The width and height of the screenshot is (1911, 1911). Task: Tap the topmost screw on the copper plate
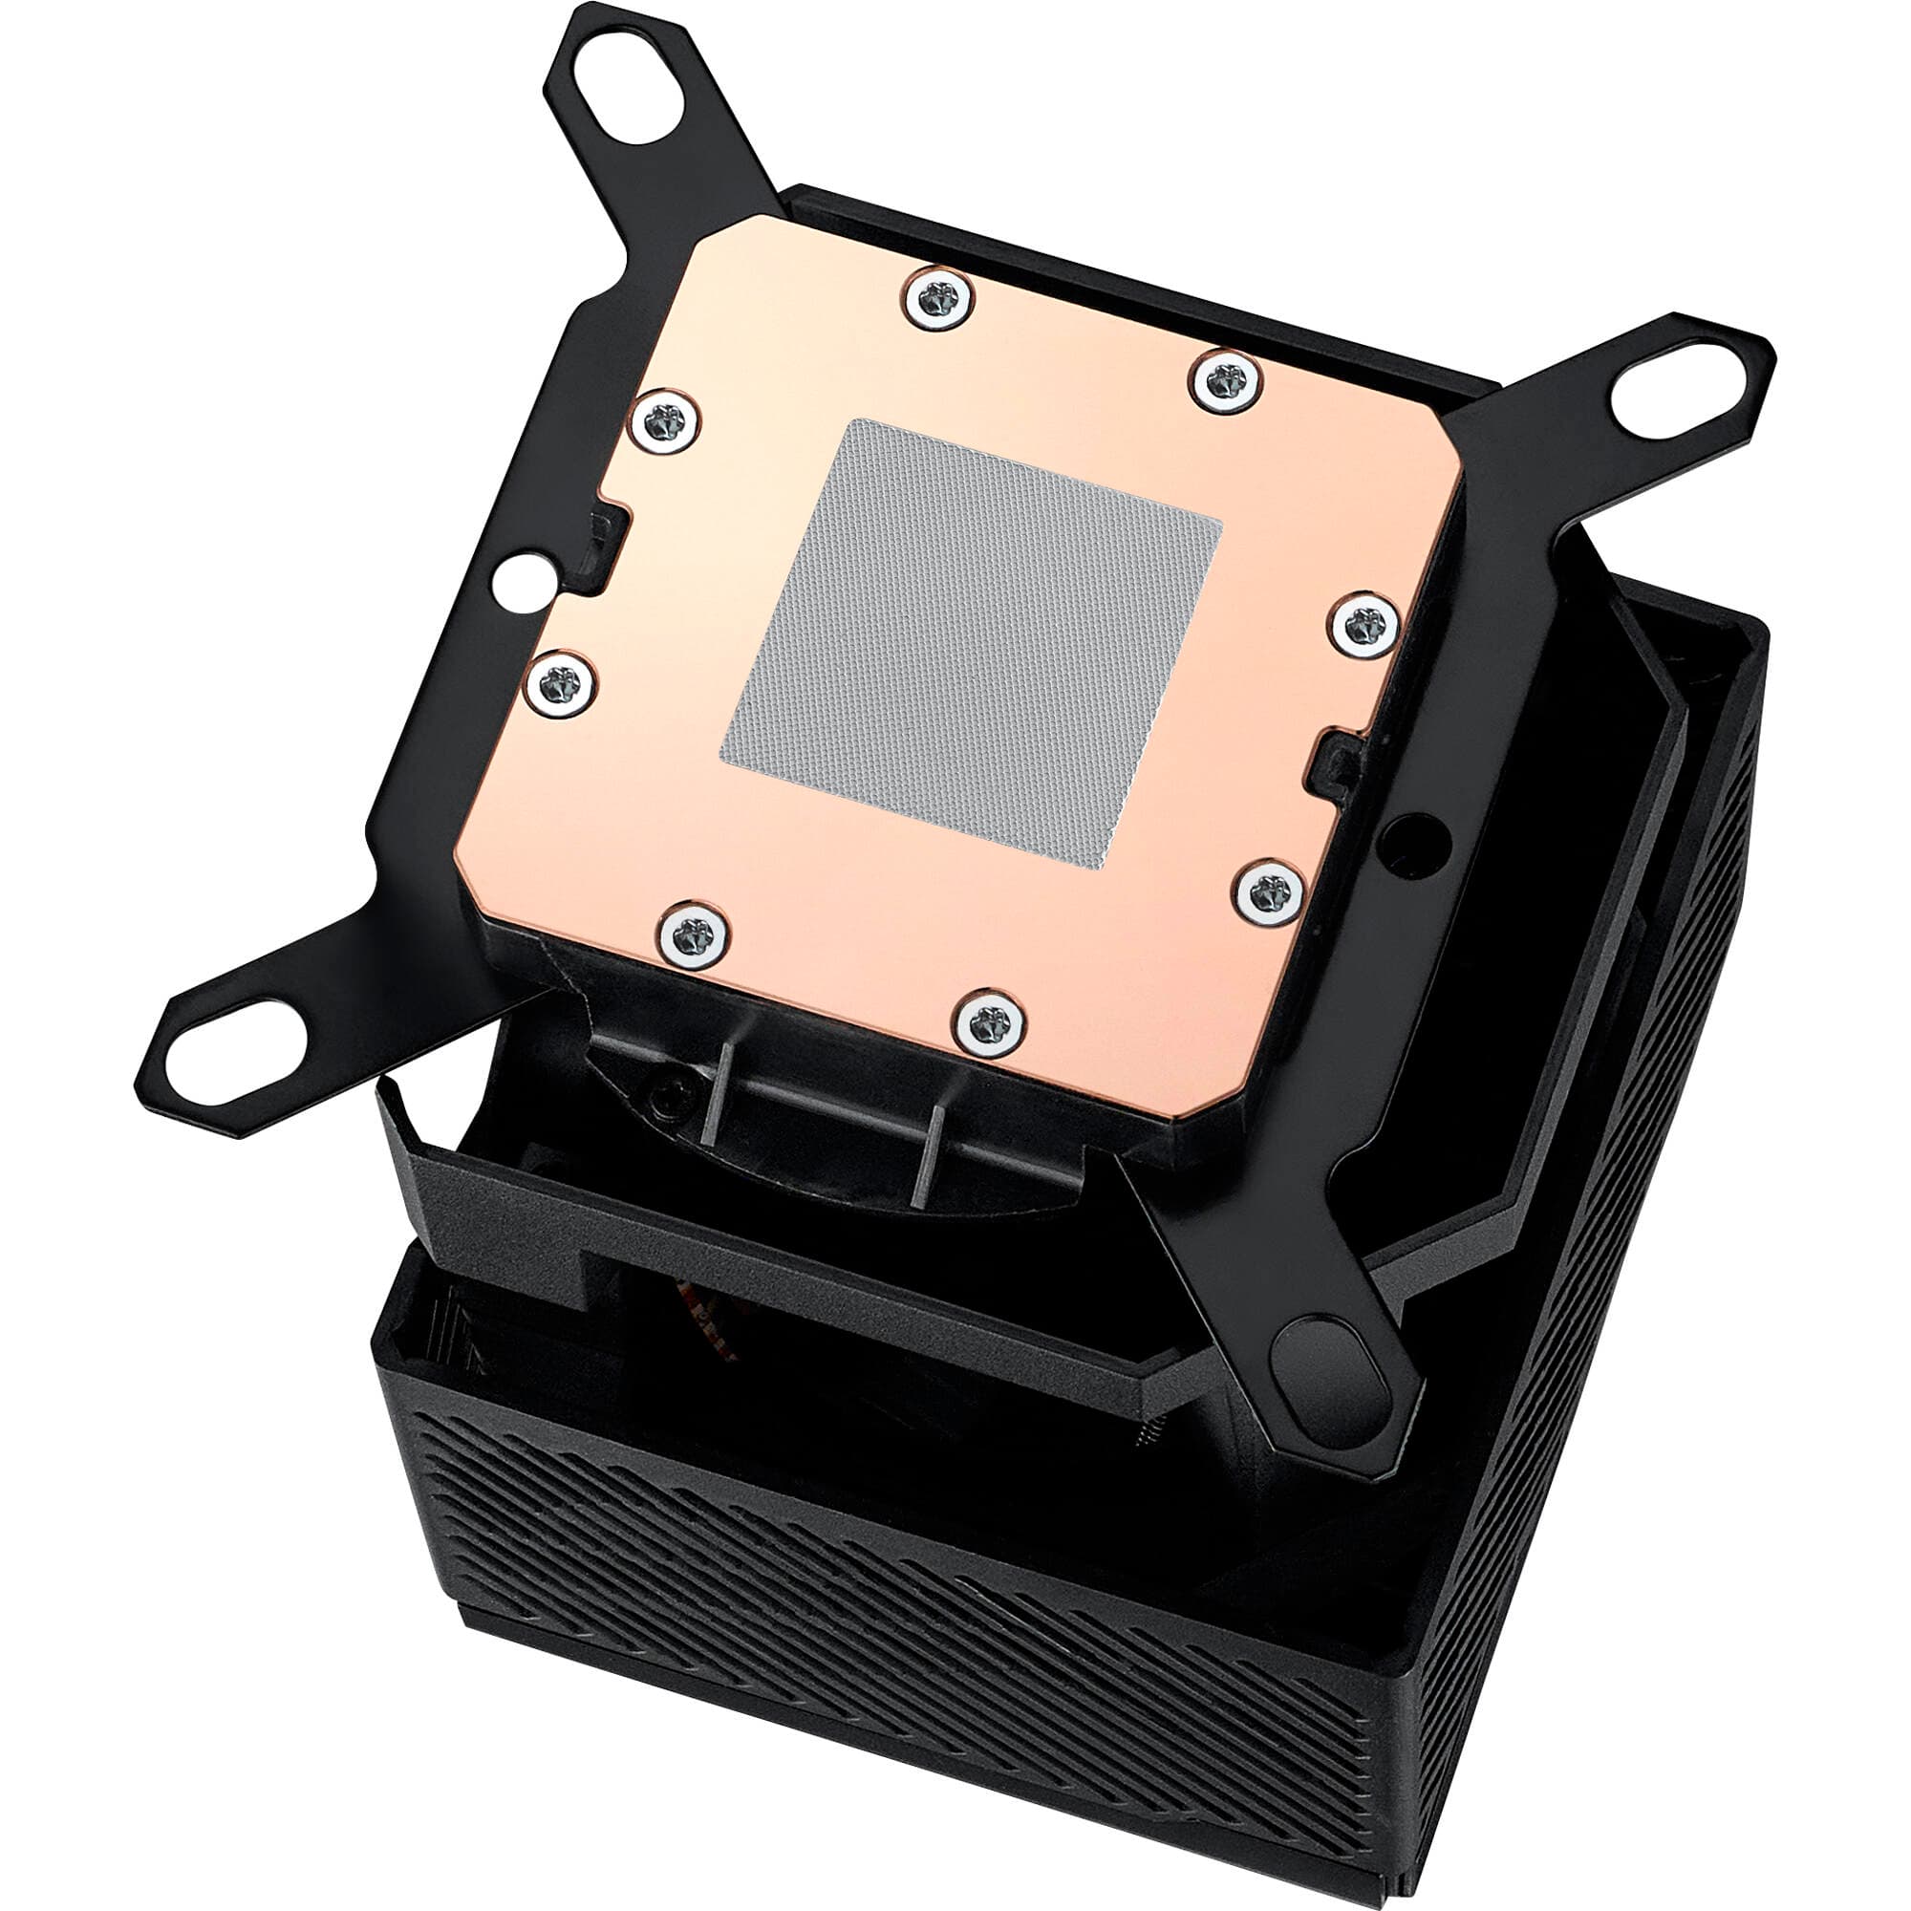[937, 296]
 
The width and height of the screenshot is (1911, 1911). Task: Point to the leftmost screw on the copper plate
[560, 682]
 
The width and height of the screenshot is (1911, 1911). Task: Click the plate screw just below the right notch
[1270, 893]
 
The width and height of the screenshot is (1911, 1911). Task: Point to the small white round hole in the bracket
[525, 580]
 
